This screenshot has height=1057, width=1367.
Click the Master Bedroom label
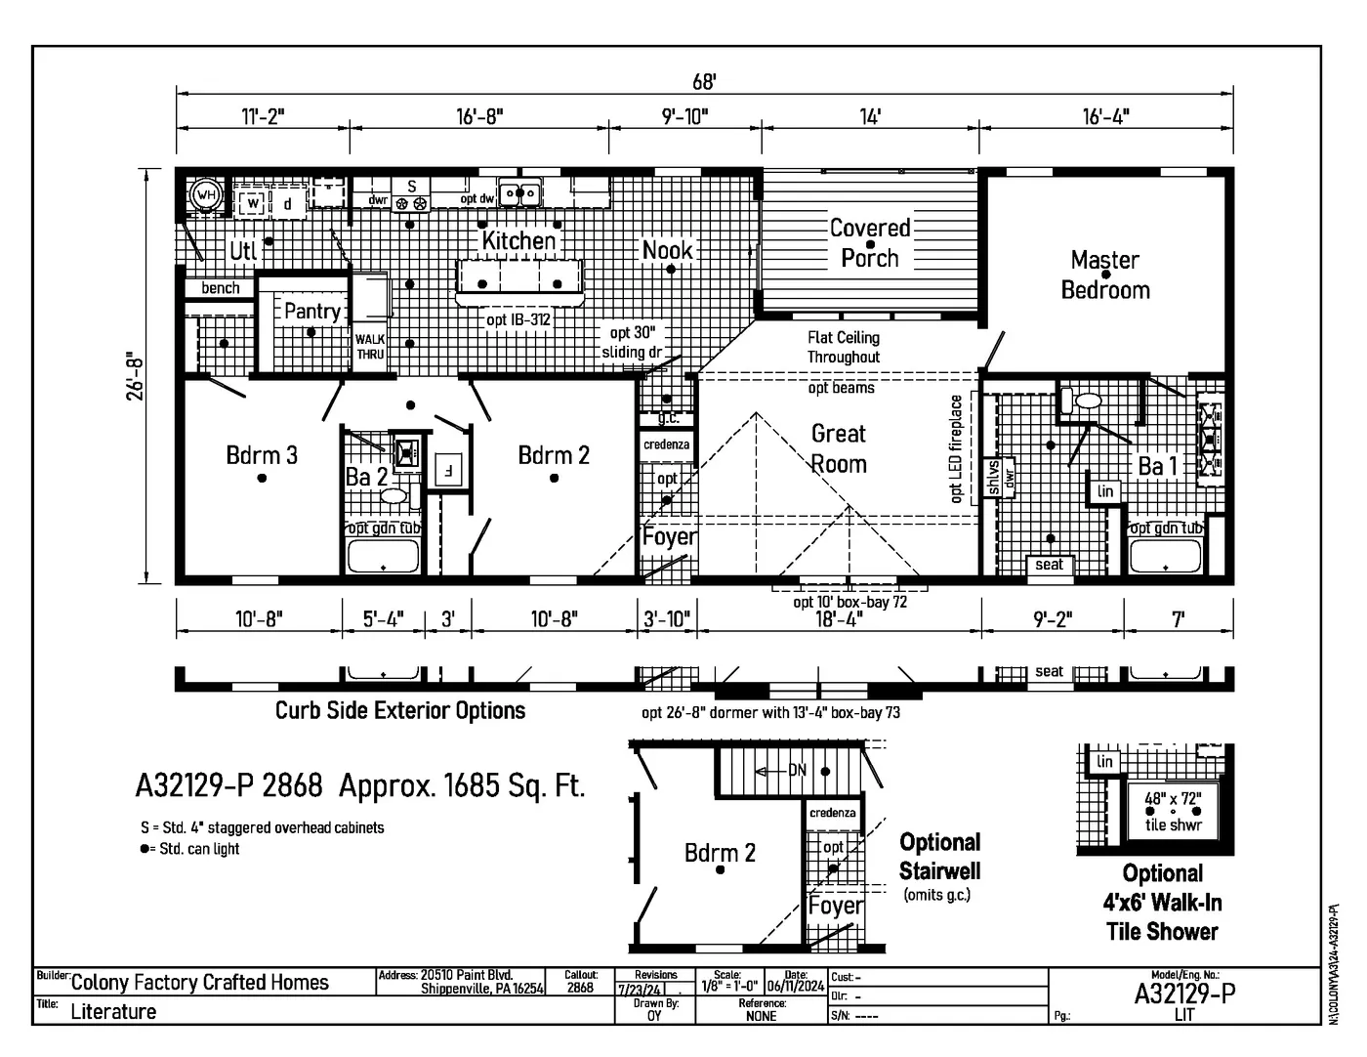[1104, 275]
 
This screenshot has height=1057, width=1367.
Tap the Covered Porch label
[869, 242]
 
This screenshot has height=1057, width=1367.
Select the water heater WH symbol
[205, 194]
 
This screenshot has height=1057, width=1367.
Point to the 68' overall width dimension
[704, 82]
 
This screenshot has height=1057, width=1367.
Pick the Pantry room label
[311, 311]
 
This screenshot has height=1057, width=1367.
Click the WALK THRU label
[369, 347]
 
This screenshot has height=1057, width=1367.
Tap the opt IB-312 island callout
[518, 319]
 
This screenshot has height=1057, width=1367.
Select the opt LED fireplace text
[956, 448]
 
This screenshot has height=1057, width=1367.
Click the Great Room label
[838, 448]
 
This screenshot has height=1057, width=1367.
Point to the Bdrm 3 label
[261, 455]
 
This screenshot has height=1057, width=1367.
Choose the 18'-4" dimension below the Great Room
[838, 619]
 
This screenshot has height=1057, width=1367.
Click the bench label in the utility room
[220, 288]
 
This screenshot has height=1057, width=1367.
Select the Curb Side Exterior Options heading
[399, 710]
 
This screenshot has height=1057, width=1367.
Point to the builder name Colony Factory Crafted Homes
[199, 983]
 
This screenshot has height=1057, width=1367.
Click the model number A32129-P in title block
[1184, 994]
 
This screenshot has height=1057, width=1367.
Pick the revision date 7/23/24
[640, 990]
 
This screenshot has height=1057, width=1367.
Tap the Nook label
[667, 250]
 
